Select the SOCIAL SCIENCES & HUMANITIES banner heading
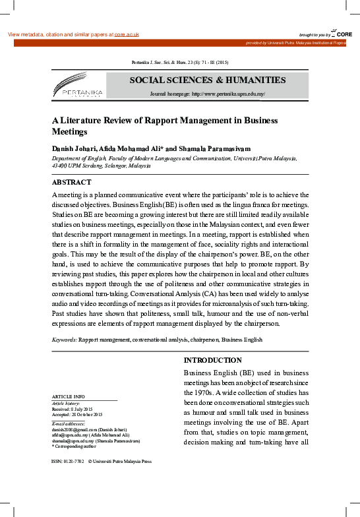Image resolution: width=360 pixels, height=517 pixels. coord(207,80)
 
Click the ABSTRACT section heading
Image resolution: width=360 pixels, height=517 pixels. coord(71,182)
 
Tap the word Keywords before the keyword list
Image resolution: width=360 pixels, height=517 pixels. coord(64,340)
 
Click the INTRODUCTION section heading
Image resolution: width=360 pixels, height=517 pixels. coord(212,361)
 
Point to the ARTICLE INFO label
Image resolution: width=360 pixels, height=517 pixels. coord(68,396)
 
